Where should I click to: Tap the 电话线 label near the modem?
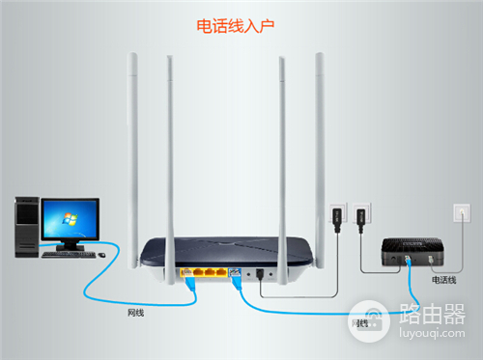pyautogui.click(x=444, y=280)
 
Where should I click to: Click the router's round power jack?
pyautogui.click(x=261, y=273)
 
